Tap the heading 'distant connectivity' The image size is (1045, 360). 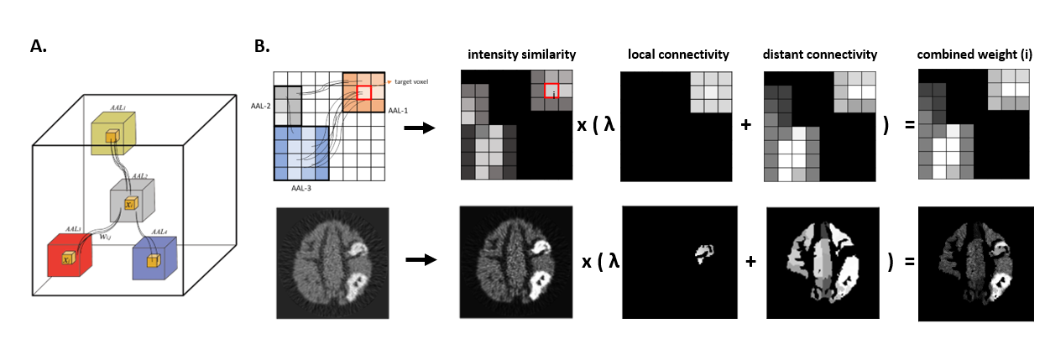(819, 55)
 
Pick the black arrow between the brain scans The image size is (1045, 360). (421, 260)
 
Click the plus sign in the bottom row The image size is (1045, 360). (750, 262)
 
